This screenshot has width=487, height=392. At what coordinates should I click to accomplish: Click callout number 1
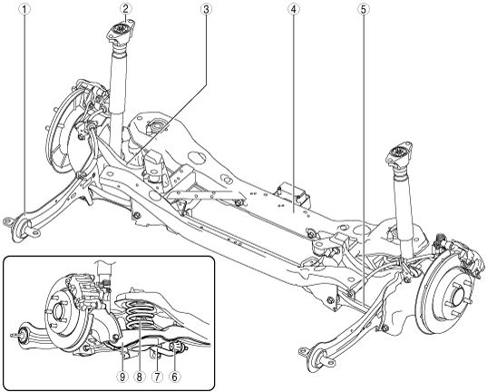(24, 10)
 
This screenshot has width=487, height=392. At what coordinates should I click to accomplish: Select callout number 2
(125, 10)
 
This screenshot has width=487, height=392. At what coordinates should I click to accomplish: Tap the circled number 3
(206, 10)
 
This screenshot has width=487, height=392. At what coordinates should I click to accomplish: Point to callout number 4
(294, 10)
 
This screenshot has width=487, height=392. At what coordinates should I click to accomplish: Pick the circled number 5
(364, 10)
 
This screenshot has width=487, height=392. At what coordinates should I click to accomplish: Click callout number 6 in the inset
(174, 377)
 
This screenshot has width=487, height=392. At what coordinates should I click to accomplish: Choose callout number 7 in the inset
(157, 377)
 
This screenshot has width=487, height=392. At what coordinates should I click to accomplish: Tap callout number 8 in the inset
(139, 377)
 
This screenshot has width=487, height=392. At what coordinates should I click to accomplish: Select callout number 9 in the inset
(122, 377)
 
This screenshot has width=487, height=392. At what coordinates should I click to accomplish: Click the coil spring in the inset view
(141, 314)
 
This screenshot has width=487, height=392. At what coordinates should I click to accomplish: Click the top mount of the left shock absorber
(121, 31)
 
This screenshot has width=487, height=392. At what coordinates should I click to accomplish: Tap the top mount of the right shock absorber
(400, 154)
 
